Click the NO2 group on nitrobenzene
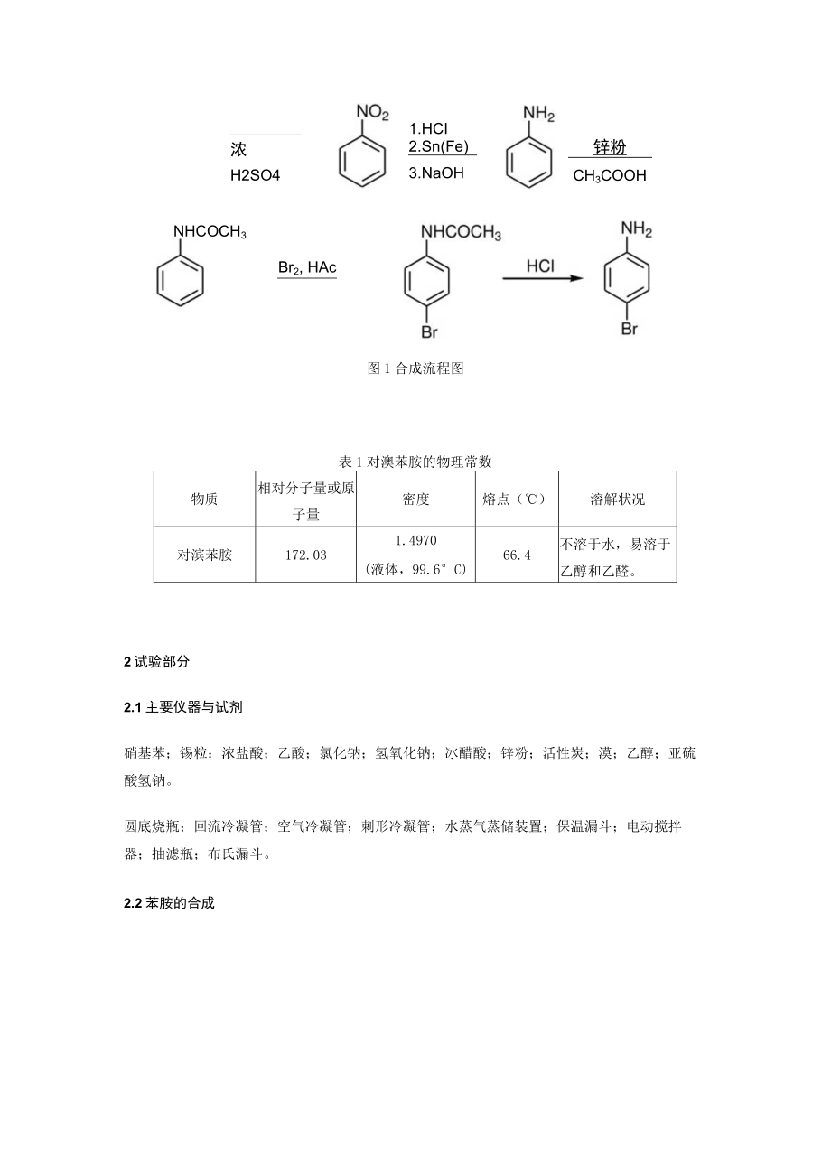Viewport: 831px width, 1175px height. (x=372, y=112)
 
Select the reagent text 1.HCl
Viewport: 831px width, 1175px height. (x=428, y=128)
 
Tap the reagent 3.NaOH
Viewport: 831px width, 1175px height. (x=435, y=173)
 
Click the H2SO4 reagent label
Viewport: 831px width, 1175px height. (x=256, y=176)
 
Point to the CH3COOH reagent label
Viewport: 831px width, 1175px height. (x=610, y=176)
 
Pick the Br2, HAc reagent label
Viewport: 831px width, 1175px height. (x=306, y=267)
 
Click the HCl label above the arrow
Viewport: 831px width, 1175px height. (x=540, y=266)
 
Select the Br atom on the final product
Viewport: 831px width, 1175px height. (x=629, y=329)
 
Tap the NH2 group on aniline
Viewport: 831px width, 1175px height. (x=539, y=114)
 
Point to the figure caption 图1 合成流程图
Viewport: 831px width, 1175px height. (x=415, y=368)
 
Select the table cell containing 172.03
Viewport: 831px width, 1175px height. (x=305, y=555)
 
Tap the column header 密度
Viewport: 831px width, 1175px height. (x=416, y=499)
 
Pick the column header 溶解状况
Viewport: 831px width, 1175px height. (x=618, y=499)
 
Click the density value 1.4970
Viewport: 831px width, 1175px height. (x=416, y=541)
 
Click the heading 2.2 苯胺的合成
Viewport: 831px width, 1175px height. (x=170, y=903)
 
